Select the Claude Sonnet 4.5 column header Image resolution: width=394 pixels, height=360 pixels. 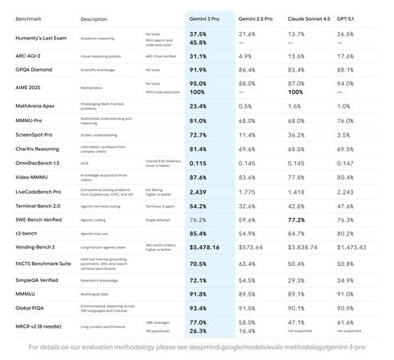[309, 18]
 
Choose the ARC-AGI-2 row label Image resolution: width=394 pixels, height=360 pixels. [30, 56]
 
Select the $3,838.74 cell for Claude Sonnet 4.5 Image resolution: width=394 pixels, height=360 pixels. [303, 247]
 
